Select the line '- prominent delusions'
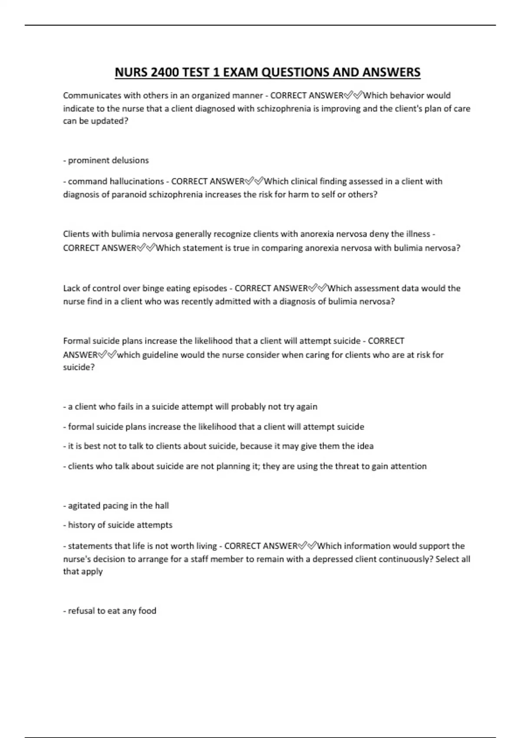click(106, 160)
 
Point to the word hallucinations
click(137, 181)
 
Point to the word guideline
click(158, 355)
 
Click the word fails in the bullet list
click(125, 407)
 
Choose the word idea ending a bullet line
click(365, 446)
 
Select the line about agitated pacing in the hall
click(116, 506)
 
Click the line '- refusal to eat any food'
click(110, 611)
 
